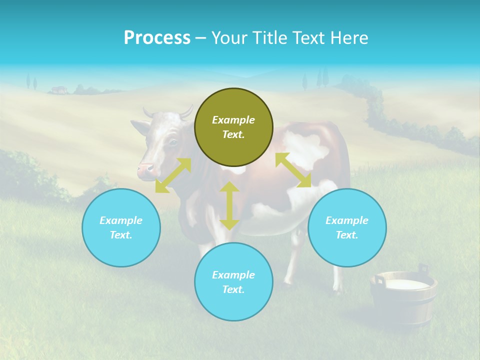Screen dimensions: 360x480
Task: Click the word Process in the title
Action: tap(157, 38)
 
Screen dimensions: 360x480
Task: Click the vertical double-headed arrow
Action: tap(229, 205)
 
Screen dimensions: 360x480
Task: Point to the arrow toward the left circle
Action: tap(173, 175)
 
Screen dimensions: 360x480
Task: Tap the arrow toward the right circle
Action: tap(293, 170)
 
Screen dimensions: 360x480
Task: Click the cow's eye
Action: tap(172, 142)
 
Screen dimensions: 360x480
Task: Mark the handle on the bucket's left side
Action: tap(378, 280)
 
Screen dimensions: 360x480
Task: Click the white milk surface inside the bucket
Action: tap(408, 284)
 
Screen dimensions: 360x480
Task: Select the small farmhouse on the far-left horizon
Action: tap(59, 90)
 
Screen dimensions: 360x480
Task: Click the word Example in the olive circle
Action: tap(233, 120)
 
